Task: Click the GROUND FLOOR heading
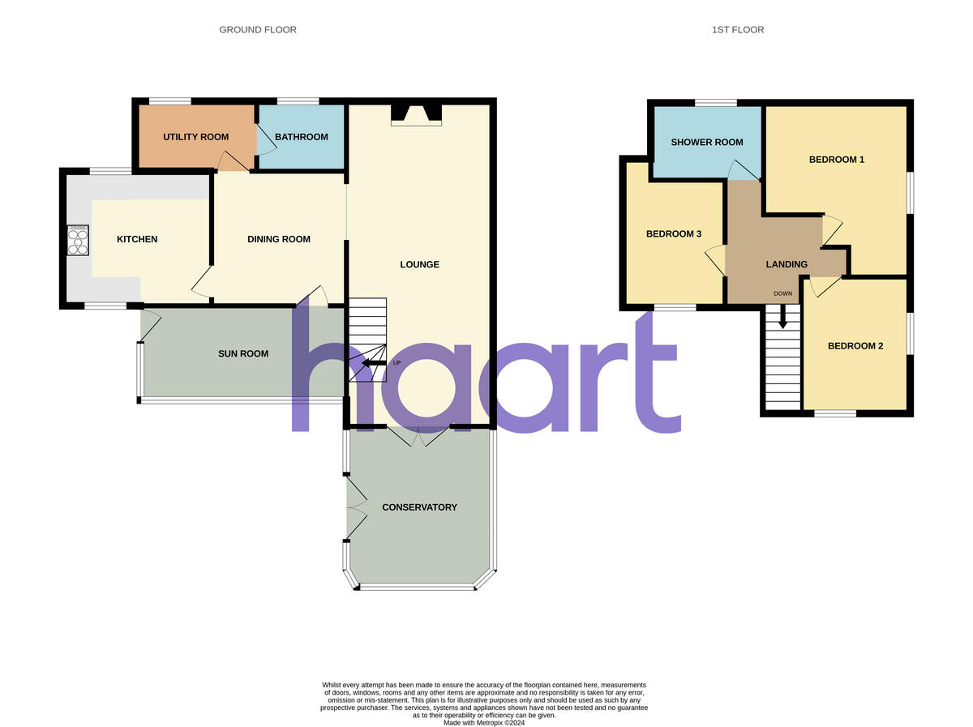click(x=258, y=30)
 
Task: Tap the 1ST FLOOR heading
click(x=737, y=30)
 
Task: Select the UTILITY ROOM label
click(x=195, y=137)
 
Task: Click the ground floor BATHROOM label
click(x=301, y=137)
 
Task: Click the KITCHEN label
click(x=137, y=239)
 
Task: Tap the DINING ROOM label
click(x=279, y=239)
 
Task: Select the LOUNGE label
click(x=419, y=264)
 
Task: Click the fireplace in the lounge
click(x=417, y=114)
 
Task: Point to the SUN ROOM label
click(x=243, y=353)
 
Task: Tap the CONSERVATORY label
click(x=419, y=507)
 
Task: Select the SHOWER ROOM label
click(x=707, y=143)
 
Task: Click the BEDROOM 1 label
click(x=836, y=160)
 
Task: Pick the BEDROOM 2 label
click(x=855, y=346)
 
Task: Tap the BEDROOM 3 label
click(x=673, y=234)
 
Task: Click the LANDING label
click(x=787, y=264)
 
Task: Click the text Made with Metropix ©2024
click(x=484, y=722)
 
